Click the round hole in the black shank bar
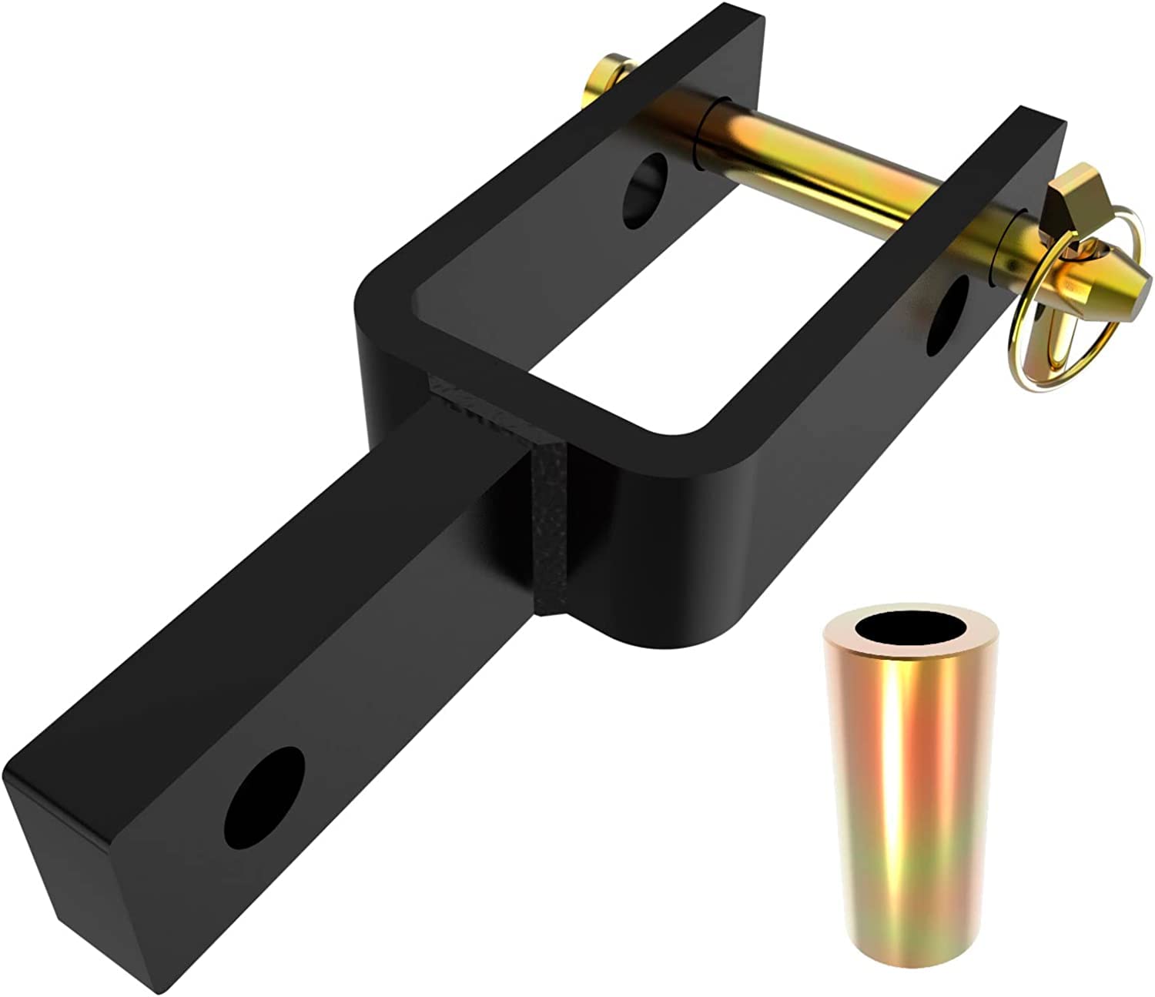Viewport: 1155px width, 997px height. [265, 796]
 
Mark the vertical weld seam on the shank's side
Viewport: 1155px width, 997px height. [548, 531]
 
